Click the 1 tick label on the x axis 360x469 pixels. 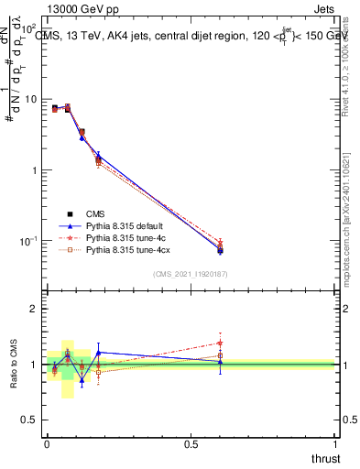[335, 444]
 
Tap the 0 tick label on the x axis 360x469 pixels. [46, 444]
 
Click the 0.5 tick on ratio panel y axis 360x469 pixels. [29, 420]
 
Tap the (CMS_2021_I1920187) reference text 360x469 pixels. [191, 273]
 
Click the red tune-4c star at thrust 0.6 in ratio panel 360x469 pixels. [220, 343]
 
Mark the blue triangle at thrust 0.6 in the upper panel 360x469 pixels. [220, 249]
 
